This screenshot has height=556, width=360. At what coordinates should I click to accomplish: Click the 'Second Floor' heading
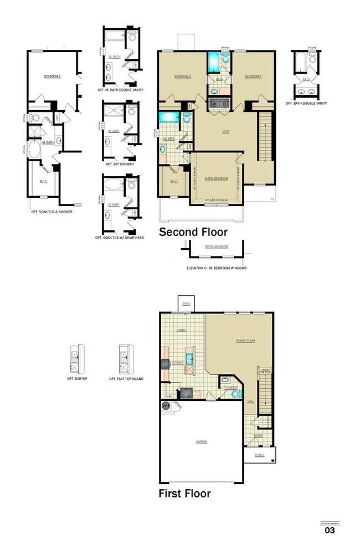tap(193, 232)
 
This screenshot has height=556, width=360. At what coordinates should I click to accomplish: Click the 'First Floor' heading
tap(184, 493)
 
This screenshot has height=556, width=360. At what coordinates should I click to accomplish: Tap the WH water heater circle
tap(165, 406)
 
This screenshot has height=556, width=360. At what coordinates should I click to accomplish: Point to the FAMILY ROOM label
tap(246, 341)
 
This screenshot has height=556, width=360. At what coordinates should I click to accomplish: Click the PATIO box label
tap(186, 304)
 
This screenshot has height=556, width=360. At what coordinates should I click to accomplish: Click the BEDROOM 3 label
tap(253, 76)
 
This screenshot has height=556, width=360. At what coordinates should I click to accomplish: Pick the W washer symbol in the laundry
tap(213, 104)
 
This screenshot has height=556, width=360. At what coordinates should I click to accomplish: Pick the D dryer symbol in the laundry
tap(224, 104)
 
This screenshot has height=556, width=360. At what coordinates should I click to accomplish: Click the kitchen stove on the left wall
tap(164, 363)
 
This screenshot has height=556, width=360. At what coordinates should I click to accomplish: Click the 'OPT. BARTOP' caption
tap(77, 379)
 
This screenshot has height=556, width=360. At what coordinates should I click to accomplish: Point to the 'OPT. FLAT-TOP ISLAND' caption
tap(126, 379)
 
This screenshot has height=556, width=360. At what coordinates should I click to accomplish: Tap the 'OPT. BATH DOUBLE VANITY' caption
tap(306, 104)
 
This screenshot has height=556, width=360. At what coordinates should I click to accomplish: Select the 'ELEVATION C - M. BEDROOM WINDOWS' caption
tap(217, 268)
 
